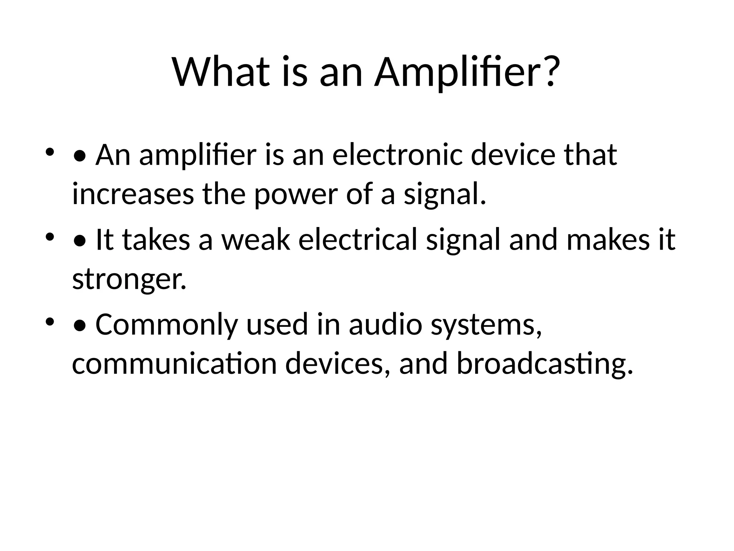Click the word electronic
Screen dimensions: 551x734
(x=398, y=155)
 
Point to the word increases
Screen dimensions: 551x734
(x=133, y=194)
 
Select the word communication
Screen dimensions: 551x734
(x=175, y=364)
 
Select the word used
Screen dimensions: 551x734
(x=277, y=324)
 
